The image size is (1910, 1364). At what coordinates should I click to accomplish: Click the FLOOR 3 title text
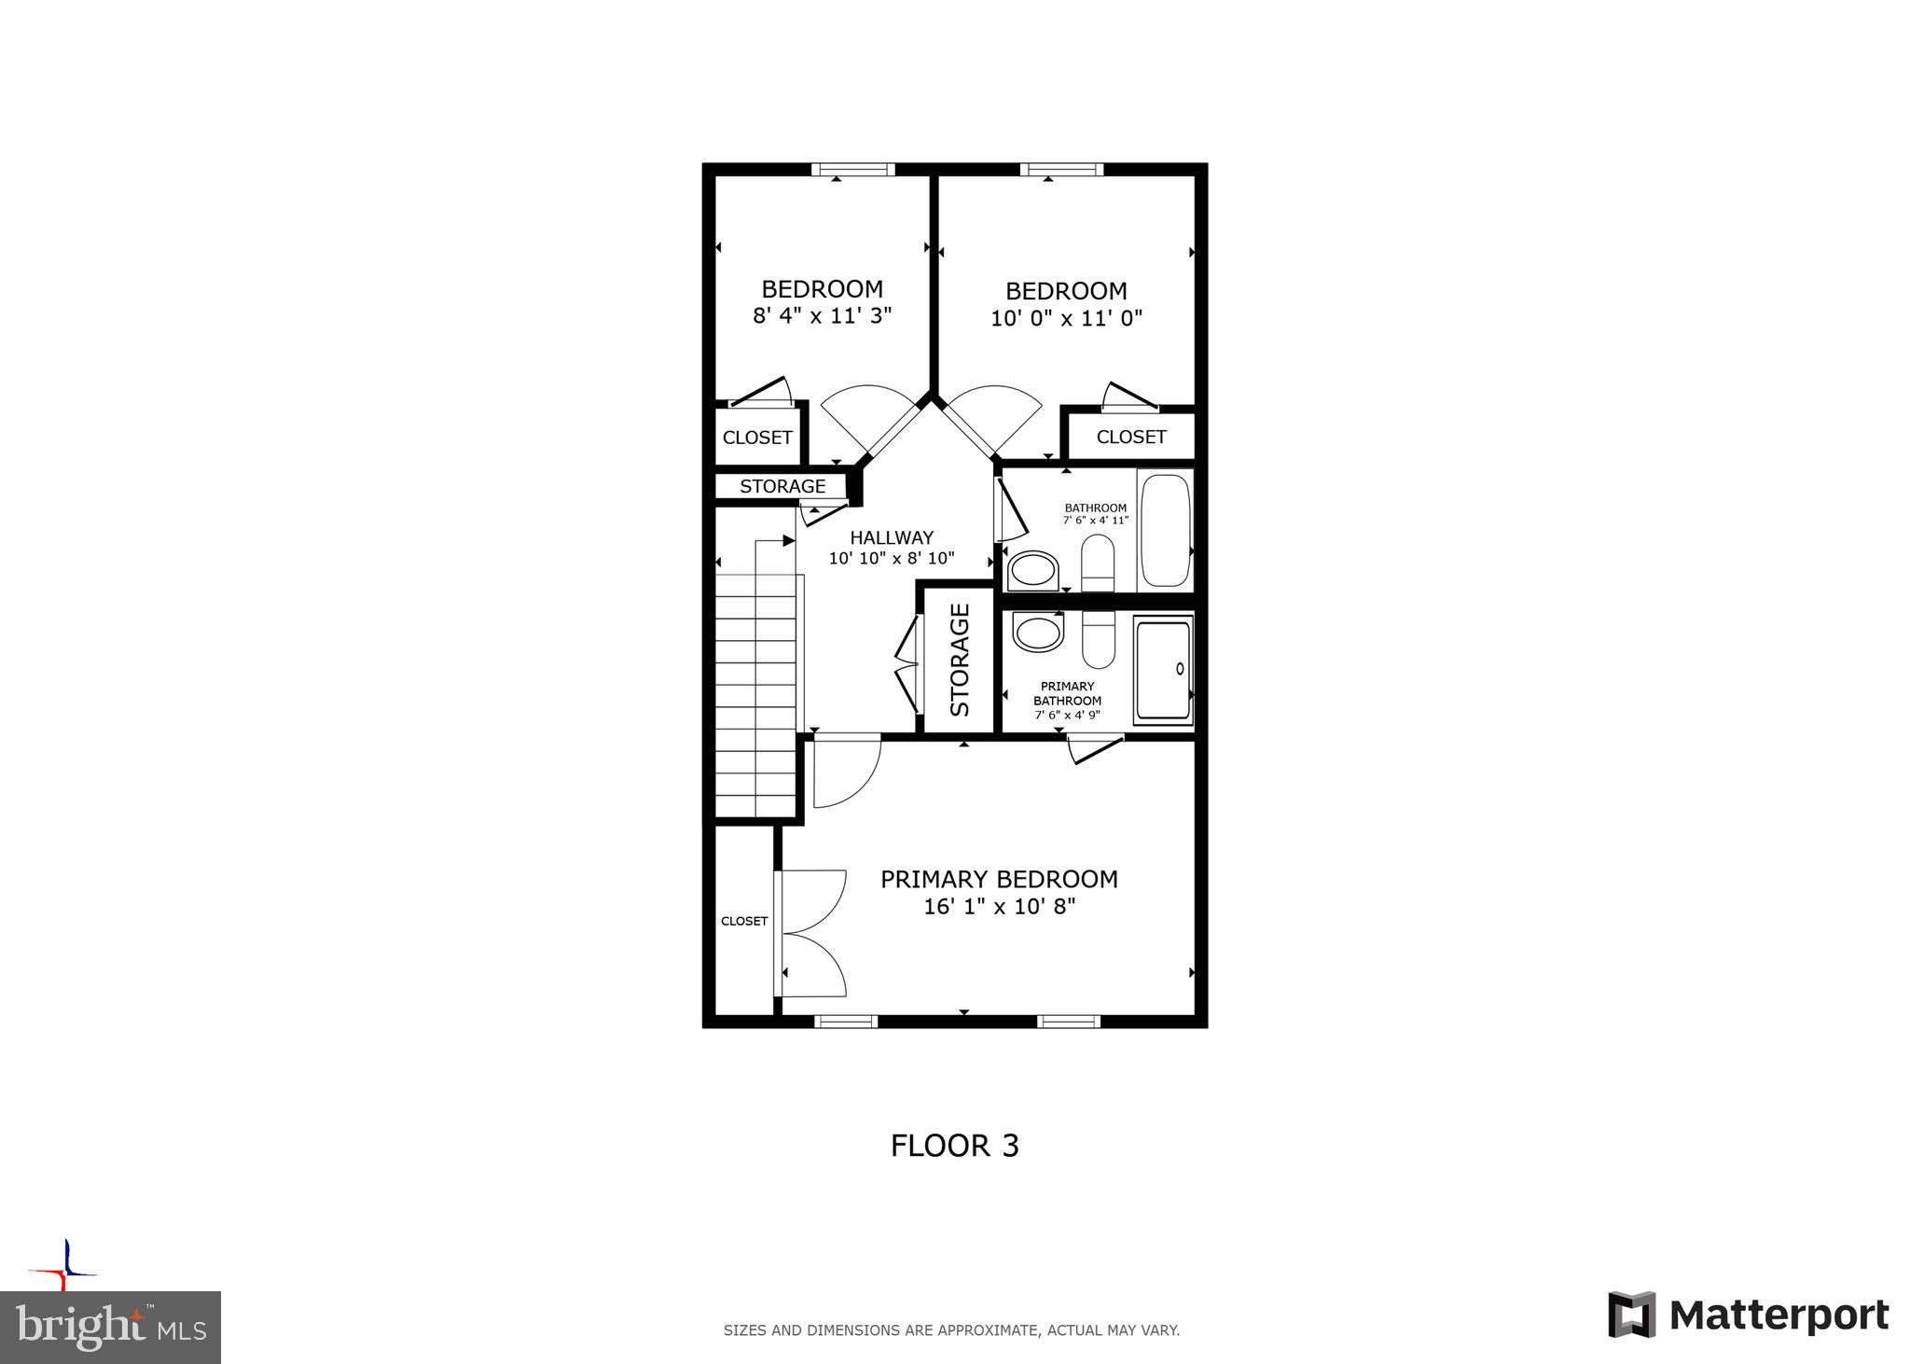pyautogui.click(x=954, y=1146)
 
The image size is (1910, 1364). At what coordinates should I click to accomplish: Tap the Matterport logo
pyautogui.click(x=1748, y=1315)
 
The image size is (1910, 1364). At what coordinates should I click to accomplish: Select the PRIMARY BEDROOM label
pyautogui.click(x=999, y=879)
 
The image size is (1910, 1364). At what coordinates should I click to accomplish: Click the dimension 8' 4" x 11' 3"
pyautogui.click(x=822, y=315)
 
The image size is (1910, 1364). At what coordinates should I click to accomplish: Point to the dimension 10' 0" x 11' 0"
pyautogui.click(x=1066, y=318)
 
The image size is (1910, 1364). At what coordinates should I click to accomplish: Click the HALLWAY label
pyautogui.click(x=891, y=537)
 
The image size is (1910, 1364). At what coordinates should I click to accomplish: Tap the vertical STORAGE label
pyautogui.click(x=960, y=660)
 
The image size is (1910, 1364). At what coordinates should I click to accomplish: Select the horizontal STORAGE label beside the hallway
pyautogui.click(x=782, y=486)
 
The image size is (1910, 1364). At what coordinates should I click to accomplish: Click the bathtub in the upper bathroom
pyautogui.click(x=1165, y=530)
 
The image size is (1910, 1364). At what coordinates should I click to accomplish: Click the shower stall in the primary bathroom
pyautogui.click(x=1163, y=669)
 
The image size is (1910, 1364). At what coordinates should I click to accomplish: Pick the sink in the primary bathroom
pyautogui.click(x=1037, y=632)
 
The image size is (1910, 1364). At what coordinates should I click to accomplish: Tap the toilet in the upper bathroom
pyautogui.click(x=1098, y=563)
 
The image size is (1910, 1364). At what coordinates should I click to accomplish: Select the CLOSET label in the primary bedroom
pyautogui.click(x=744, y=921)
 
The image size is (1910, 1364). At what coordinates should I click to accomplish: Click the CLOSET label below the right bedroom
pyautogui.click(x=1130, y=437)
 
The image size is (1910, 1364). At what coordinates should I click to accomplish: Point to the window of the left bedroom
pyautogui.click(x=852, y=170)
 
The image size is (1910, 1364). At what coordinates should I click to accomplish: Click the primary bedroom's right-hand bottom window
pyautogui.click(x=1069, y=1022)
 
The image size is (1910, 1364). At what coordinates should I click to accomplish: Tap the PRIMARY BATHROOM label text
pyautogui.click(x=1067, y=693)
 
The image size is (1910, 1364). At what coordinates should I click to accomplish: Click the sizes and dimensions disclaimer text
pyautogui.click(x=951, y=1330)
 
